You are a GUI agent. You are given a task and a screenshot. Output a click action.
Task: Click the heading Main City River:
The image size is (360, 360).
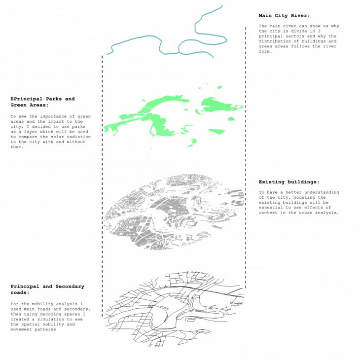pyautogui.click(x=284, y=15)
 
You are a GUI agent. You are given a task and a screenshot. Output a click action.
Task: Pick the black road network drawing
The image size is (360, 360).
pyautogui.click(x=178, y=306)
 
